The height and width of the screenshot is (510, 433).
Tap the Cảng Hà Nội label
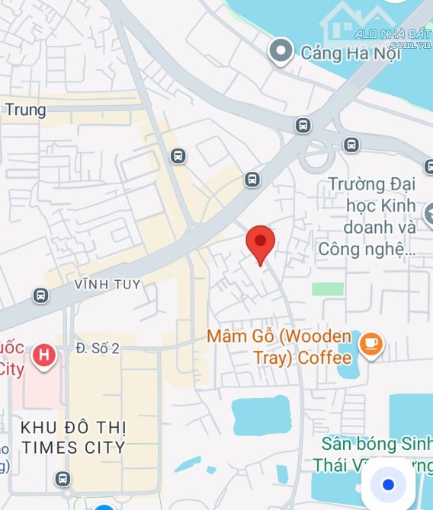pos(341,53)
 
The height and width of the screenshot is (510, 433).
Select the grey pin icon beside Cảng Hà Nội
pos(281,52)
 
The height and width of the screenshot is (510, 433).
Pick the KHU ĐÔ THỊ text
pos(73,428)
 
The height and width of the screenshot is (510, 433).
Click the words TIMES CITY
pos(73,447)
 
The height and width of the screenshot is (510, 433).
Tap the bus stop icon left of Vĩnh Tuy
pos(40,295)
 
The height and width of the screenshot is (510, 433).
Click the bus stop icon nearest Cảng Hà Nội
pos(303,125)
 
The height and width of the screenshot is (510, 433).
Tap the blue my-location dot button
pos(388,484)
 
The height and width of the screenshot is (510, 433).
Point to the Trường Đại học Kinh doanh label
pos(372,206)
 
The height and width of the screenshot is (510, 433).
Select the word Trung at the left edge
pos(25,110)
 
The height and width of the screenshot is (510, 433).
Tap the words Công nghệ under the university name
pos(367,248)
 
